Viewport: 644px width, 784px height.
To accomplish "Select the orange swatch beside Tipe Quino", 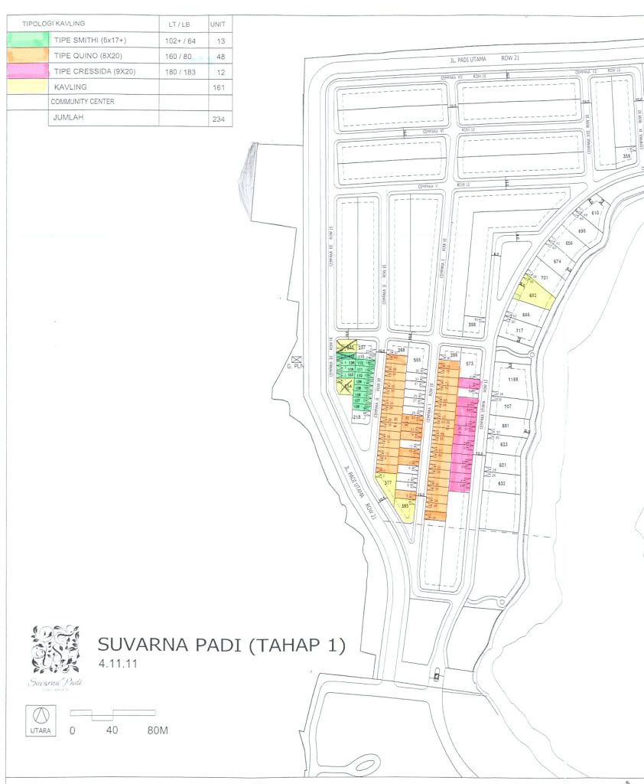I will [28, 56].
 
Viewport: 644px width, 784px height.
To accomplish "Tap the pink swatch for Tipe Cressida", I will [28, 71].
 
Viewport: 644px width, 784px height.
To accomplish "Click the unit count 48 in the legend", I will [221, 56].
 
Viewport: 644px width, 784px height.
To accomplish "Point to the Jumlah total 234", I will [221, 119].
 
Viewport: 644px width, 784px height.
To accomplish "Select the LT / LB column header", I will [183, 24].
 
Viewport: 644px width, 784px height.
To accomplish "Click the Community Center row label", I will [83, 102].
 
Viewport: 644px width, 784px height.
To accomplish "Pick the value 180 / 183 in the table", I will [183, 71].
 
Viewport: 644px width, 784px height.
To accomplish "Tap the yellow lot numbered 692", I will [533, 296].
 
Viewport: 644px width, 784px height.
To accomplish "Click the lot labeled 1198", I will [513, 379].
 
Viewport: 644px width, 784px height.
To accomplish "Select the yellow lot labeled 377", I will [388, 483].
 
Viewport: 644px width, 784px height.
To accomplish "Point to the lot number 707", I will [507, 406].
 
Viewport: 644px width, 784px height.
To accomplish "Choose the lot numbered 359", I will [626, 156].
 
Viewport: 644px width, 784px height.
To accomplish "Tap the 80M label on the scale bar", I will [157, 730].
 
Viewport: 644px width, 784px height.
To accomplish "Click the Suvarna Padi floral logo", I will [55, 649].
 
